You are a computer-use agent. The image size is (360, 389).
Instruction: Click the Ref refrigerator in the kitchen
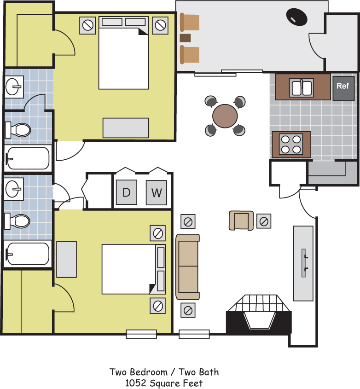click(x=343, y=88)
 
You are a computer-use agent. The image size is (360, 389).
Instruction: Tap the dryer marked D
click(x=127, y=192)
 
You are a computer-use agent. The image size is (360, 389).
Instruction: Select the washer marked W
click(x=157, y=192)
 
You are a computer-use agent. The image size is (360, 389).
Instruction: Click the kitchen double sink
click(x=302, y=88)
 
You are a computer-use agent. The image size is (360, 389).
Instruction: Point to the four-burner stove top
click(x=291, y=144)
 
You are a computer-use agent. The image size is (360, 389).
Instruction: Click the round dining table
click(x=225, y=116)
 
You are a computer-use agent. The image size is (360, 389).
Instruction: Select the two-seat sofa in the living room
click(x=188, y=267)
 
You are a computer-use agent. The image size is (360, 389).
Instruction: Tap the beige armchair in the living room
click(x=241, y=221)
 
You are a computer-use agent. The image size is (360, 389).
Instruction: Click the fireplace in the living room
click(x=259, y=314)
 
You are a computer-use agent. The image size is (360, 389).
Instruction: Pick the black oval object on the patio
click(x=297, y=17)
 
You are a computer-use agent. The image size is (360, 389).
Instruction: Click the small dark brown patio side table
click(x=185, y=38)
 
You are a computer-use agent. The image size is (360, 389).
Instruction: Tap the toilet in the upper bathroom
click(x=18, y=129)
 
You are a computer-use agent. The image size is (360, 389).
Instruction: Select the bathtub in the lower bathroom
click(x=28, y=254)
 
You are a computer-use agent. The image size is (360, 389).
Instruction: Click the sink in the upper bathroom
click(x=14, y=87)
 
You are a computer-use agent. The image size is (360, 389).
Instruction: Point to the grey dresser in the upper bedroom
click(x=126, y=128)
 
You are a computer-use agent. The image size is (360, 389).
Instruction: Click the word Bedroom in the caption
click(x=149, y=372)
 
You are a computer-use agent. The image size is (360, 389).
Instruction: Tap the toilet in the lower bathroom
click(x=17, y=221)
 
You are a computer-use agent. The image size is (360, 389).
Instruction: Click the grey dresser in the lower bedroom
click(x=66, y=259)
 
